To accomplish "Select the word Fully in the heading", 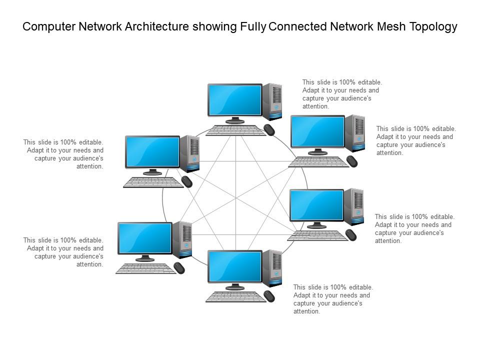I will click(252, 27).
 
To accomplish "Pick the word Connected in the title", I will click(298, 27).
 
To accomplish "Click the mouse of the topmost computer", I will click(269, 130).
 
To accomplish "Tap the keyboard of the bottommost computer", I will click(235, 296).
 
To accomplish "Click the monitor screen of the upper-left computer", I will click(152, 151).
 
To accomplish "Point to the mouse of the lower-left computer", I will click(179, 268).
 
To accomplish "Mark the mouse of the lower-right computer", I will click(351, 234).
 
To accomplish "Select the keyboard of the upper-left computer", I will click(153, 182).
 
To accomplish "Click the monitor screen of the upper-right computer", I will click(317, 131).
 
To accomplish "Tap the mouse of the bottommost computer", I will click(269, 296).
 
